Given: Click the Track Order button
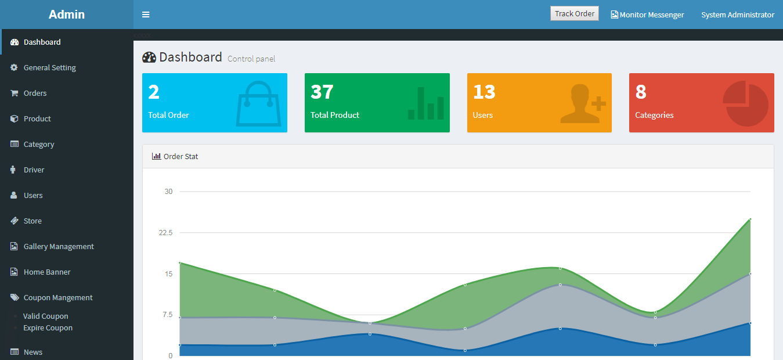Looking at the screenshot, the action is pos(574,13).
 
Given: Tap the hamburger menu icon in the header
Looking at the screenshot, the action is pos(146,15).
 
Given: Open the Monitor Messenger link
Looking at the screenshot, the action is pos(647,15).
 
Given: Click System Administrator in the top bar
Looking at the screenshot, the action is pos(738,15).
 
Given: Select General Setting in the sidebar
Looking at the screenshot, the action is pos(50,67).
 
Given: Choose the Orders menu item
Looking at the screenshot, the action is pos(35,93).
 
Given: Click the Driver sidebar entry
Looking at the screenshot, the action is pos(34,170).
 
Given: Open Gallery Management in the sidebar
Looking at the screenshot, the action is pos(59,246).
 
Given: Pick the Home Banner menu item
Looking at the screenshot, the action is pos(47,272).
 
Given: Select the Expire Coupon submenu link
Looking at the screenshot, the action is pos(48,328).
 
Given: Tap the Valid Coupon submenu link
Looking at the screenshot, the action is pos(45,316).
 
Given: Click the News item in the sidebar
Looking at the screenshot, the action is pos(33,352).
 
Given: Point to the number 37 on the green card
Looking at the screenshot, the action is pos(322,92).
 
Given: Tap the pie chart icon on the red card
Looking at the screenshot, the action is pos(745,103).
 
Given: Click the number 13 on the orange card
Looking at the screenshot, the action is pos(484,92).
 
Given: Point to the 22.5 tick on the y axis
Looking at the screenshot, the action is pos(165,233).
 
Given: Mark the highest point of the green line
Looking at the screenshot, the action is pos(750,219).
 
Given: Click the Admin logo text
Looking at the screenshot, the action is pos(66,15).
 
